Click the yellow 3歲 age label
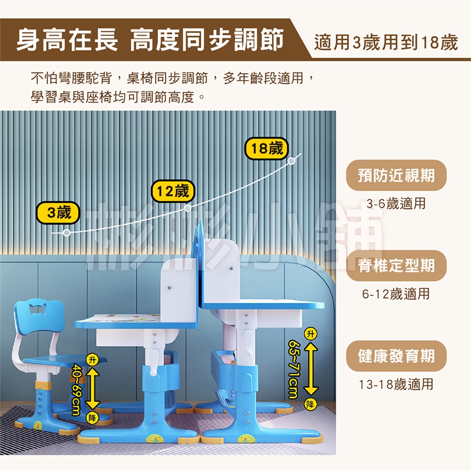click(58, 213)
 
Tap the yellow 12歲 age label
click(173, 191)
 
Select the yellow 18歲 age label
click(266, 148)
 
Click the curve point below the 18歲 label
click(291, 161)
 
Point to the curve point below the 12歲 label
click(187, 208)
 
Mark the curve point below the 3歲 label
click(67, 233)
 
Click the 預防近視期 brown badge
click(396, 175)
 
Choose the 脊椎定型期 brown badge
click(396, 265)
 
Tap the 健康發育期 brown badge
click(396, 356)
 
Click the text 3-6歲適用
click(396, 204)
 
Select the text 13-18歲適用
click(396, 384)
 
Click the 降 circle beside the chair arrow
click(92, 418)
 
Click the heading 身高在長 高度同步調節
click(150, 39)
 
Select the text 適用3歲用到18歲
click(386, 42)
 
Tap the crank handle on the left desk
click(153, 362)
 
